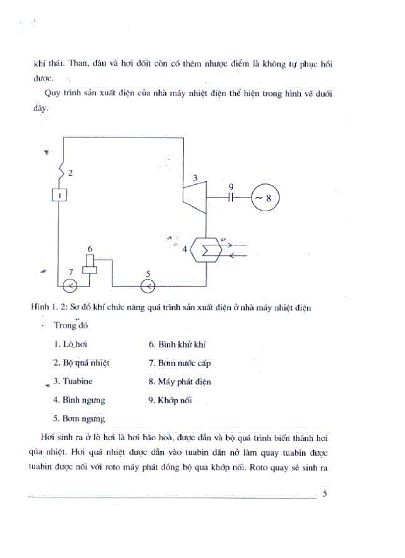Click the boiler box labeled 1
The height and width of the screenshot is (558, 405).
(59, 196)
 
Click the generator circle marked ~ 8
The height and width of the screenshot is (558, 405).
(265, 197)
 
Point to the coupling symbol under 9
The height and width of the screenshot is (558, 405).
(231, 197)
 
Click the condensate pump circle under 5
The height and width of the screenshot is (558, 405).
(148, 286)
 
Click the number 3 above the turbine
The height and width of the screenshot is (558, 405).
(195, 177)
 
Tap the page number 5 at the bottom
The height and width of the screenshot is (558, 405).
(325, 493)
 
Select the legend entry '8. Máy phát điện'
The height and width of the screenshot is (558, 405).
(180, 382)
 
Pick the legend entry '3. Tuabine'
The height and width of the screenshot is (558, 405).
(73, 382)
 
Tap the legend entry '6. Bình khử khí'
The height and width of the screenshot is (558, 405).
(177, 344)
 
